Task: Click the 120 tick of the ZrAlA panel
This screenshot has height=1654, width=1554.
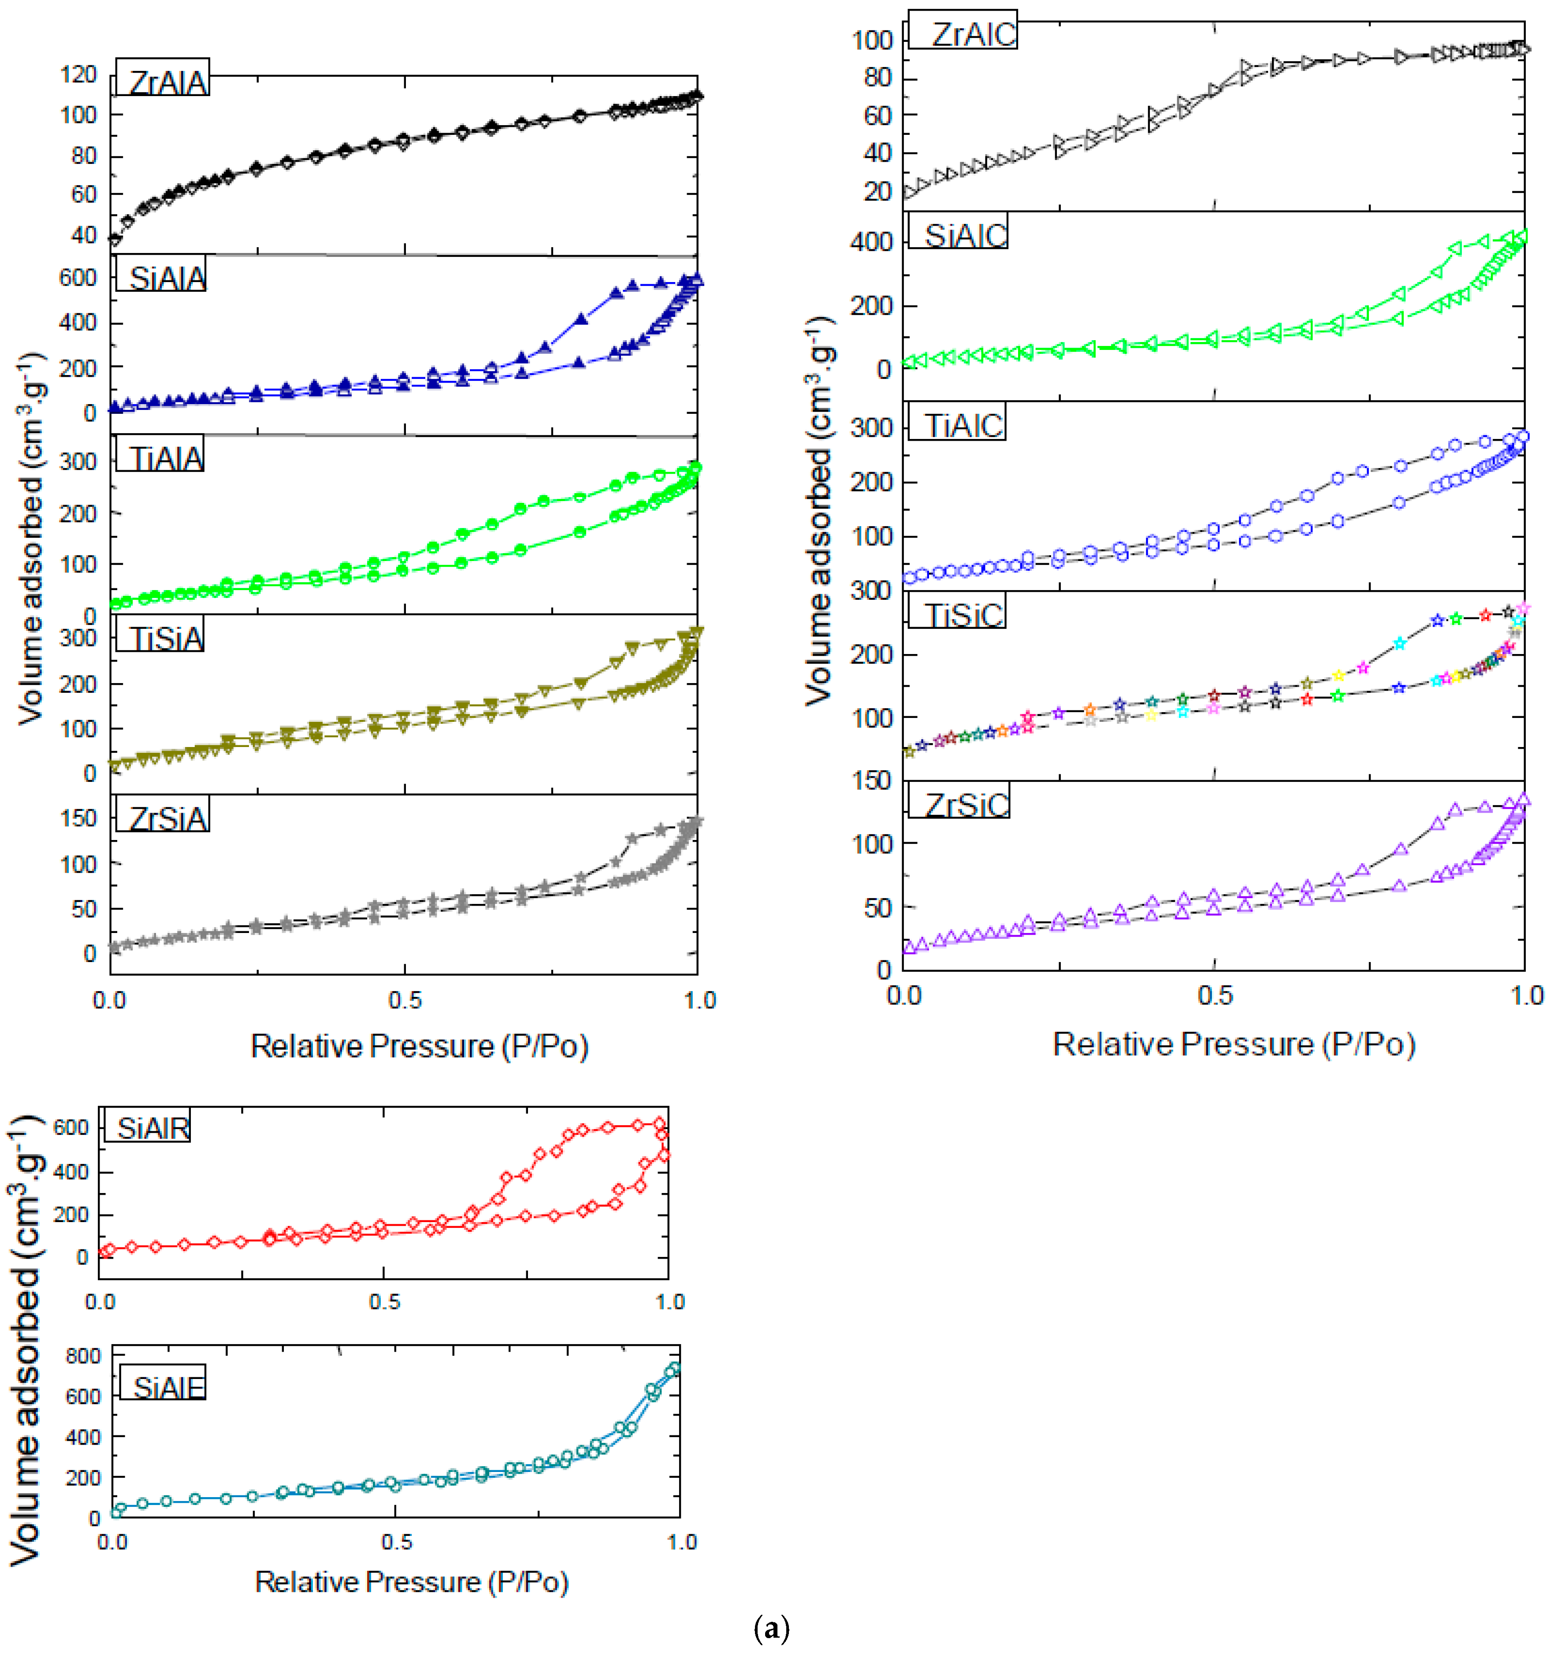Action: (78, 75)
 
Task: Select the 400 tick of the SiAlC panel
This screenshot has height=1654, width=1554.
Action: (871, 242)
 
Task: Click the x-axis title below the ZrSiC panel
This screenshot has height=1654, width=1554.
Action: (1234, 1044)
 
